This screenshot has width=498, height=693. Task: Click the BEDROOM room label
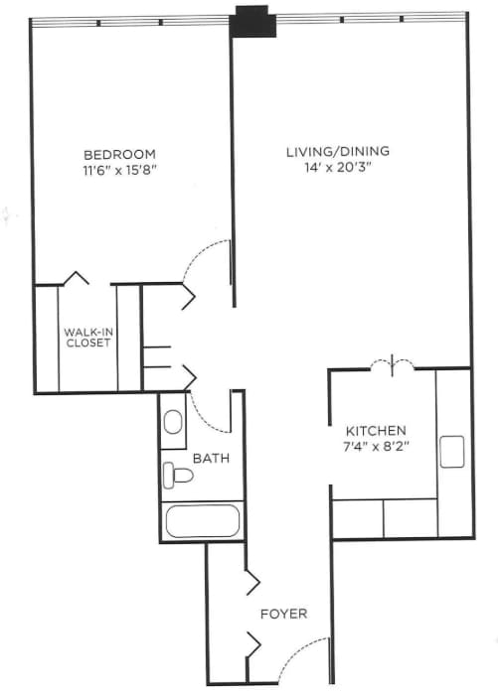tap(119, 154)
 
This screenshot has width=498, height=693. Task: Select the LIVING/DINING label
tap(338, 152)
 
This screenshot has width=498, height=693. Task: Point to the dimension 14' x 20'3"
tap(338, 168)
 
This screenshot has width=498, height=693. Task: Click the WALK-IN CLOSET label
tap(86, 338)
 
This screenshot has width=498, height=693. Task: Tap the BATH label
tap(211, 459)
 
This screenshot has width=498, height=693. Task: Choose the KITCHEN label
tap(375, 431)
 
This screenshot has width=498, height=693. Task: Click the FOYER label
tap(283, 614)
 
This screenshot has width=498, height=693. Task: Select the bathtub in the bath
tap(202, 522)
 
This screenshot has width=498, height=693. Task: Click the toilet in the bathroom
tap(178, 474)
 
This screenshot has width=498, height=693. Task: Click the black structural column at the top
tap(252, 22)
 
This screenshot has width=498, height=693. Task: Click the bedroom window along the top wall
tap(129, 20)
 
